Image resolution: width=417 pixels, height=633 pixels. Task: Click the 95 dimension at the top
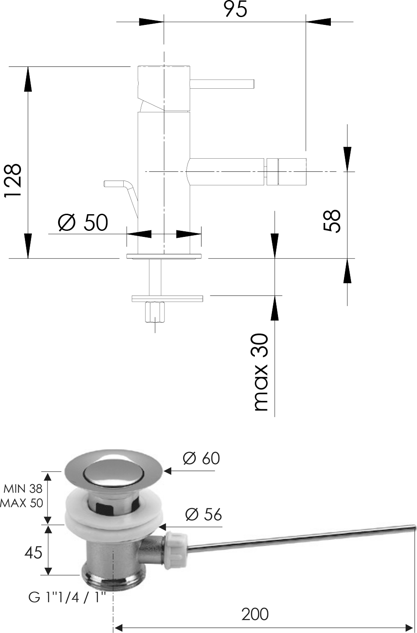click(236, 9)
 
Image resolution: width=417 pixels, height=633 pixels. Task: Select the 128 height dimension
click(13, 181)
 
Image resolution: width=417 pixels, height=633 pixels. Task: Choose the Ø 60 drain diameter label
click(201, 458)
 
